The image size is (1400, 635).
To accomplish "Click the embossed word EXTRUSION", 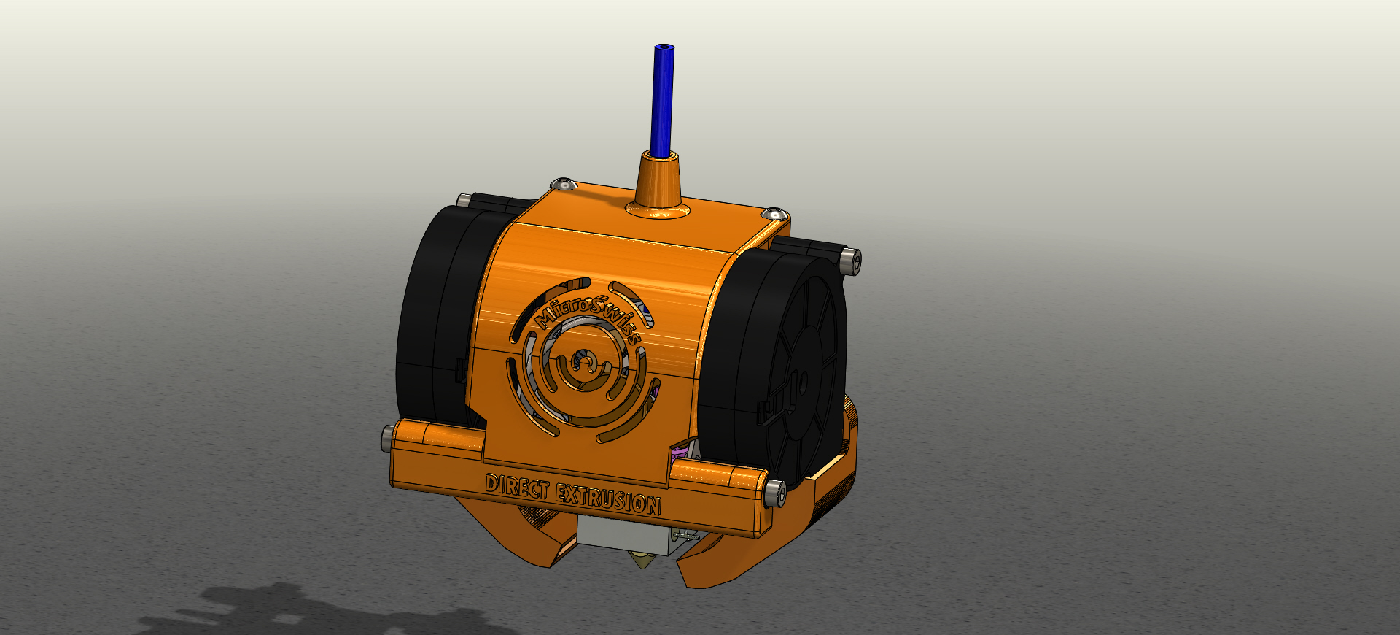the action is click(x=608, y=499).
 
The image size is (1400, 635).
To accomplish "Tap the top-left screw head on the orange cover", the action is click(x=562, y=183).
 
